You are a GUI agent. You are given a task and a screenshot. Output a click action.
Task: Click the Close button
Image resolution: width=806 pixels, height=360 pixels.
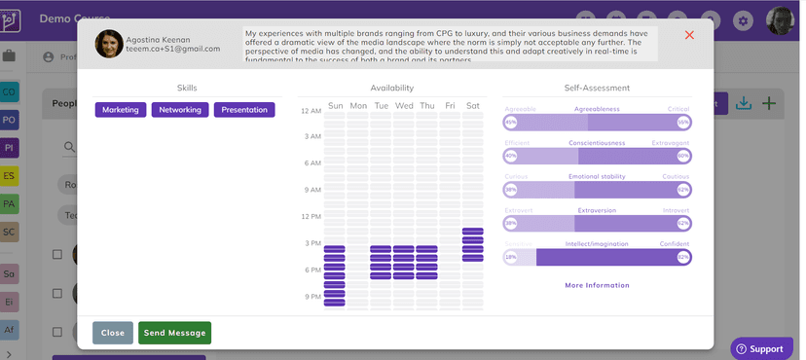coord(112,333)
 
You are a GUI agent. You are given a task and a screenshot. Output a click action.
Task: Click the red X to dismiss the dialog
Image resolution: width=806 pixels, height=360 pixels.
coord(689,35)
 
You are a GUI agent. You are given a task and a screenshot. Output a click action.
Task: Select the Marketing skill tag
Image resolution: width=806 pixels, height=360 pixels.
coord(121,110)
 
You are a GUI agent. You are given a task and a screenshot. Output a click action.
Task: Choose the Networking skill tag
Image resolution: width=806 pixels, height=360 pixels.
coord(180,110)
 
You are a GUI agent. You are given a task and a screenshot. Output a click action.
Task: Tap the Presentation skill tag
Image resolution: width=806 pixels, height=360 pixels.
coord(244,110)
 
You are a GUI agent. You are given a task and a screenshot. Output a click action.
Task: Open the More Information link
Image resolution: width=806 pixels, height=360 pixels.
coord(597,285)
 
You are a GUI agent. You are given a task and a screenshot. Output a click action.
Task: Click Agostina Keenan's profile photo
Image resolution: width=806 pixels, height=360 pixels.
coord(109,44)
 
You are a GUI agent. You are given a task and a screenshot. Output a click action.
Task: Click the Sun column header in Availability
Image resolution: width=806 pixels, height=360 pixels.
coord(335,105)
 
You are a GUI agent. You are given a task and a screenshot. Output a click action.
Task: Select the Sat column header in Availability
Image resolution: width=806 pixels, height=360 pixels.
coord(473,105)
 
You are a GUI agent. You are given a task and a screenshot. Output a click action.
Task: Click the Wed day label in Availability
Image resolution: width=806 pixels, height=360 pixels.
coord(403,105)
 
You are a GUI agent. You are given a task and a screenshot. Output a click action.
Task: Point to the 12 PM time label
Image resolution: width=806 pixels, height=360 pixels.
coord(311,216)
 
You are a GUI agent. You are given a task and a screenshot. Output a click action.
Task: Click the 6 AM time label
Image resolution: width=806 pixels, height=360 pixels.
coord(312,163)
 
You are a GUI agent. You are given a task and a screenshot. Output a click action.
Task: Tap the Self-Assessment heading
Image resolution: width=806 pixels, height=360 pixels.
coord(597,89)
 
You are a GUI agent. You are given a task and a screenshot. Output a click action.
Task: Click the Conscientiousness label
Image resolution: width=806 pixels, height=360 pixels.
coord(597,143)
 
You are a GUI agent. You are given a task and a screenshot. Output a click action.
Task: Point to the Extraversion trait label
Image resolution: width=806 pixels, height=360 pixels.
coord(597,210)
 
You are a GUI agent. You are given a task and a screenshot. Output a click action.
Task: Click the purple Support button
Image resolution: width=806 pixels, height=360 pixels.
coord(759,348)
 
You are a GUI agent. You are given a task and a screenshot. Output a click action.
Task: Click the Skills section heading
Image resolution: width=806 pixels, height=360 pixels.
coord(187,89)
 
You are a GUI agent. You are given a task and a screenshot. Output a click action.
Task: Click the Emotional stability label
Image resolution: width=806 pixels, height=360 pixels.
coord(597,176)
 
